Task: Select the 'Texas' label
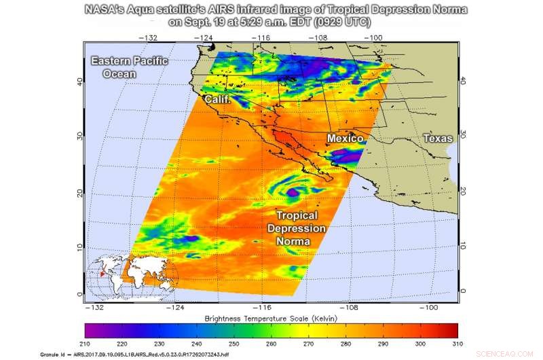click(437, 138)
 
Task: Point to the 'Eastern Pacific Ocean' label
click(129, 67)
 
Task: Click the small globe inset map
click(132, 278)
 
